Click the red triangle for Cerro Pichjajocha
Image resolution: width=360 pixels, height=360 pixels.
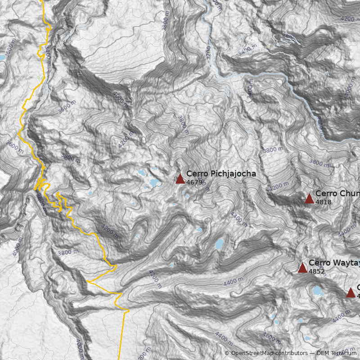180,179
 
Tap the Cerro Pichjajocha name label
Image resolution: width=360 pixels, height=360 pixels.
221,173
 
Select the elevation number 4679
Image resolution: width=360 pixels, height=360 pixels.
194,182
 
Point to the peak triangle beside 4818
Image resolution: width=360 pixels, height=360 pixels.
309,199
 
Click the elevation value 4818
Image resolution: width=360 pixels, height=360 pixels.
324,202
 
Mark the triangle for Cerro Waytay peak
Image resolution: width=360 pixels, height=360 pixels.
302,268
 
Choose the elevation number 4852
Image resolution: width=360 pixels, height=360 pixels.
317,271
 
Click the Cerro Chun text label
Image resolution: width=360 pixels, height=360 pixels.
337,193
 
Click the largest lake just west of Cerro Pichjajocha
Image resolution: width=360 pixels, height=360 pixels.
154,183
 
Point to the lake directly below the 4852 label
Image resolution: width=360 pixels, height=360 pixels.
318,290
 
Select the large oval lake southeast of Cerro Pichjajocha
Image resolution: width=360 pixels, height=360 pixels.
219,244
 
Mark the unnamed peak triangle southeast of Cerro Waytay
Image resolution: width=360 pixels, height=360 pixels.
351,293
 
